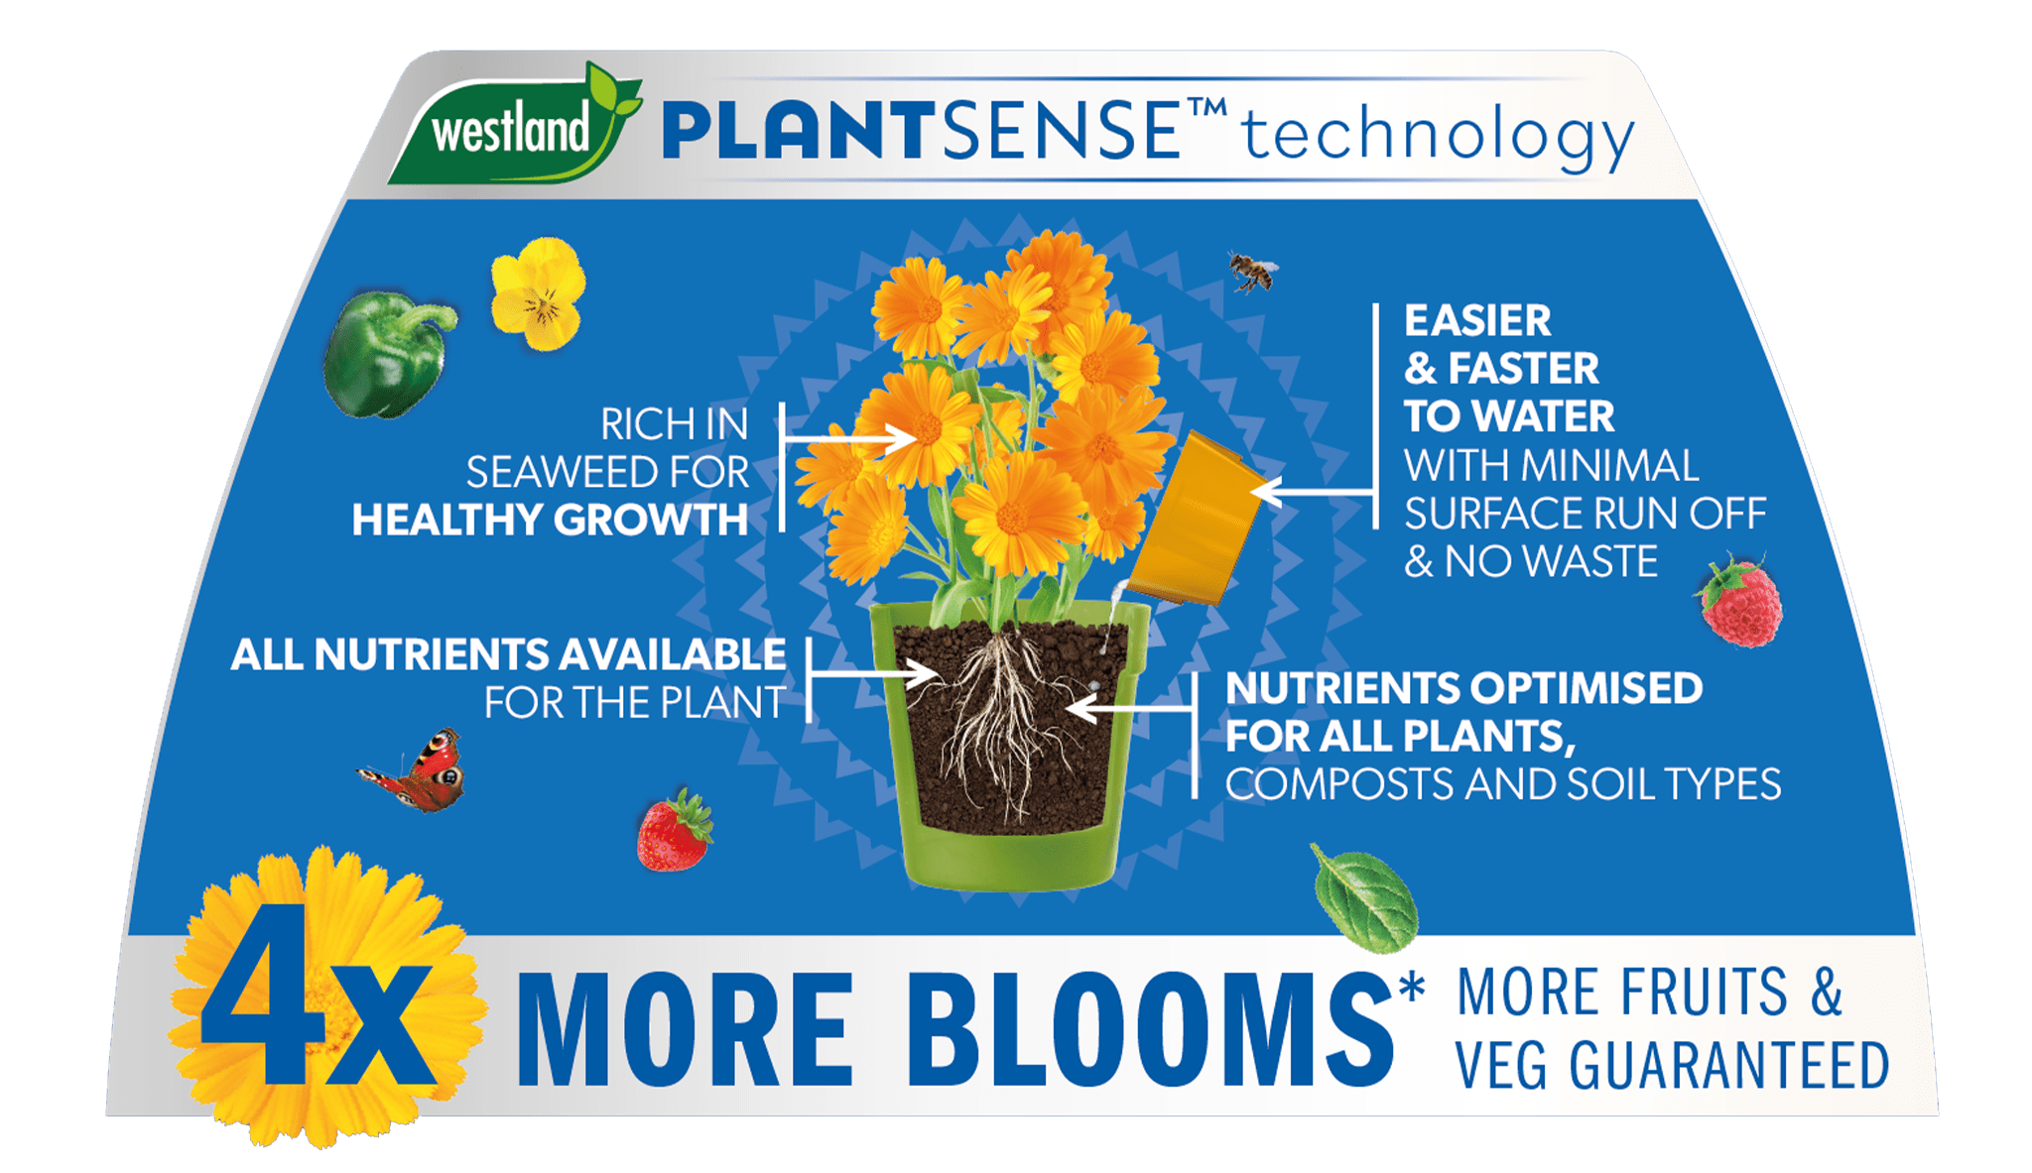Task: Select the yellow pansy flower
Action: coord(539,293)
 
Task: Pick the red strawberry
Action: coord(675,831)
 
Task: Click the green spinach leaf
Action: coord(1365,898)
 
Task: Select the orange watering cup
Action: coord(1196,519)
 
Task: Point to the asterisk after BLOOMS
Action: coord(1410,987)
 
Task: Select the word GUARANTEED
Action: coord(1729,1066)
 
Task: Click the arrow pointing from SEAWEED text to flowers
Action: coord(850,438)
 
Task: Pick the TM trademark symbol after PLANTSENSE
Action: coord(1206,107)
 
